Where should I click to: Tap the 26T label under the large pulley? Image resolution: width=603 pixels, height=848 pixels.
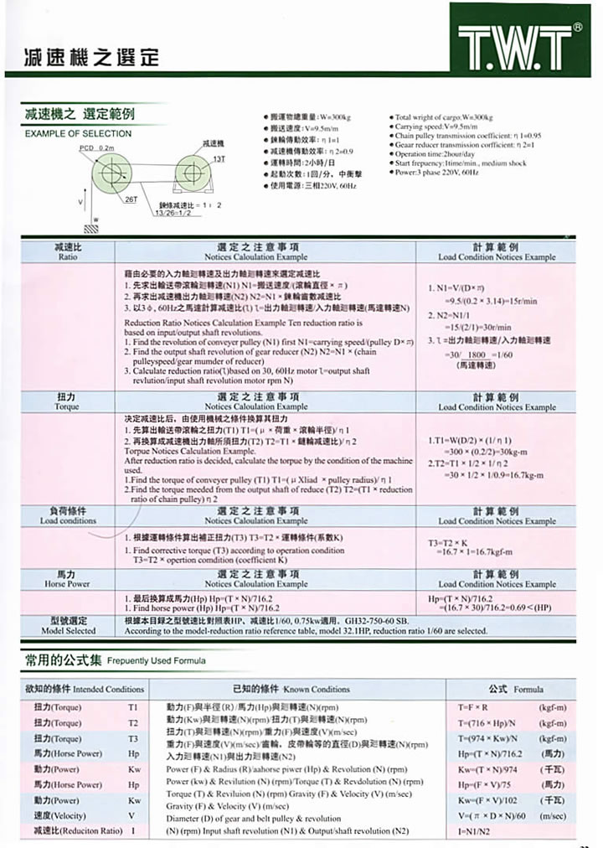(x=131, y=199)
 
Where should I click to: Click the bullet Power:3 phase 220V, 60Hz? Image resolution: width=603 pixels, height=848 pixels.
(x=435, y=171)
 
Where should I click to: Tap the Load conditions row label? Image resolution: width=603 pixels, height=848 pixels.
(x=68, y=514)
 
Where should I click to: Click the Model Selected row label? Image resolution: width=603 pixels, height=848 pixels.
(x=68, y=624)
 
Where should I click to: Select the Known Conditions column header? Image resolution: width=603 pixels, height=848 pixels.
(x=297, y=689)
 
